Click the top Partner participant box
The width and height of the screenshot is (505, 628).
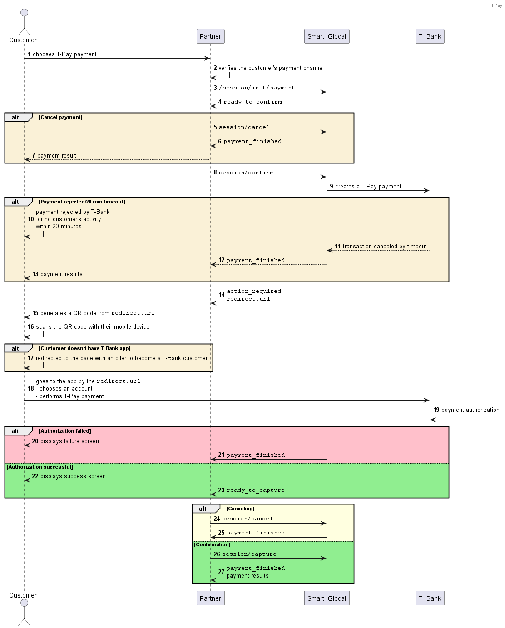pyautogui.click(x=210, y=36)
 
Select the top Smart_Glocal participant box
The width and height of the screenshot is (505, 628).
pyautogui.click(x=327, y=36)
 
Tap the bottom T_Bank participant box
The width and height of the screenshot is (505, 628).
pyautogui.click(x=430, y=598)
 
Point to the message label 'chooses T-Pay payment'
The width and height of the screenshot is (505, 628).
pyautogui.click(x=64, y=54)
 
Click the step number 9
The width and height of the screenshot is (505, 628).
pyautogui.click(x=332, y=187)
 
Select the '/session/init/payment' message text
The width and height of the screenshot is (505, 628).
pyautogui.click(x=257, y=88)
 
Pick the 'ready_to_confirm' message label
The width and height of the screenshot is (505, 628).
pyautogui.click(x=252, y=102)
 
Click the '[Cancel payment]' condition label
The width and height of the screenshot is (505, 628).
pyautogui.click(x=60, y=117)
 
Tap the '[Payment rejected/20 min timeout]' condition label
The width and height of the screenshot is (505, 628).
pyautogui.click(x=82, y=202)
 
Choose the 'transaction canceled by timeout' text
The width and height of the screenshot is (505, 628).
pyautogui.click(x=385, y=247)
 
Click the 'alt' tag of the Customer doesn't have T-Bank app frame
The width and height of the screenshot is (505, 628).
pyautogui.click(x=15, y=348)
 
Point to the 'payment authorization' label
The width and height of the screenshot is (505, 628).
pyautogui.click(x=470, y=410)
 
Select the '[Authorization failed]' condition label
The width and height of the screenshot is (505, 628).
pyautogui.click(x=65, y=431)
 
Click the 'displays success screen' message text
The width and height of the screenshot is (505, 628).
pyautogui.click(x=73, y=476)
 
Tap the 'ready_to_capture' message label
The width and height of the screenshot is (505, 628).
pyautogui.click(x=256, y=490)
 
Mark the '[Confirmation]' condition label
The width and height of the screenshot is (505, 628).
pyautogui.click(x=212, y=544)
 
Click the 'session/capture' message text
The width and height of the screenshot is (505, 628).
pyautogui.click(x=249, y=554)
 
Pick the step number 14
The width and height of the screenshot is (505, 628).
pyautogui.click(x=222, y=295)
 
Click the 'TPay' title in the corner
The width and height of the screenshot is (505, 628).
pyautogui.click(x=496, y=5)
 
